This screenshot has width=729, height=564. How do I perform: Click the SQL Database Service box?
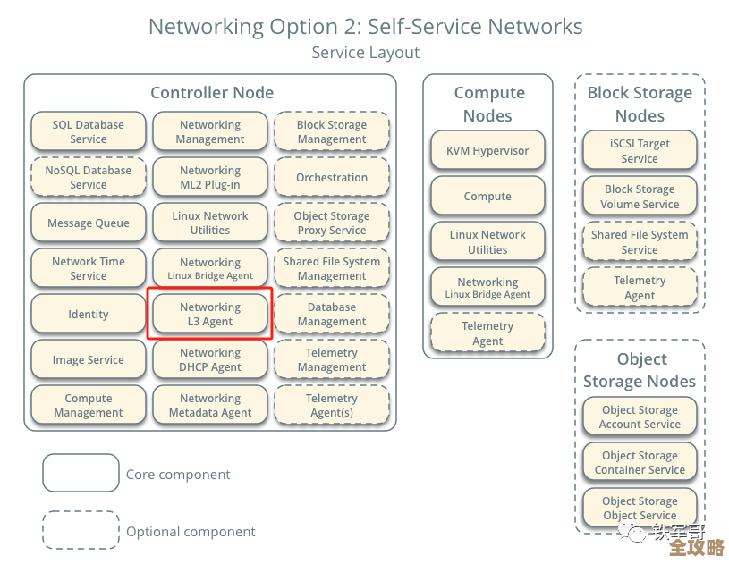88,132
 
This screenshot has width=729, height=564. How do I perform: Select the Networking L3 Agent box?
210,314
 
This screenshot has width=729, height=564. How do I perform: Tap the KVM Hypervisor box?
487,151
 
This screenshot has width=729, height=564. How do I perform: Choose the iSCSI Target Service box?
640,151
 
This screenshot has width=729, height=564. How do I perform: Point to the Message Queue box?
88,223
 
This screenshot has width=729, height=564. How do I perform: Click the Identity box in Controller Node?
88,315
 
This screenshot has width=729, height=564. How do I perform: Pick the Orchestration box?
332,178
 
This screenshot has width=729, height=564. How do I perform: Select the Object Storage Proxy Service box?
332,223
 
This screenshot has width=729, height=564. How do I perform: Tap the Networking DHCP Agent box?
210,359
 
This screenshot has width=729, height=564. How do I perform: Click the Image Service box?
88,360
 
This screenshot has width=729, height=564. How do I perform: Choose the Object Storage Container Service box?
640,463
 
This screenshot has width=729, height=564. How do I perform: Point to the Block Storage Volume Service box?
640,197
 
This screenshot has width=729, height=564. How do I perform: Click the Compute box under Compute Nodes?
487,197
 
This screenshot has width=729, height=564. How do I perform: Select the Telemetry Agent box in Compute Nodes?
487,333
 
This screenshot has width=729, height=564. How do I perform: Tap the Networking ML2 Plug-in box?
210,178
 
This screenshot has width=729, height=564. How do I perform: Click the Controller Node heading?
212,93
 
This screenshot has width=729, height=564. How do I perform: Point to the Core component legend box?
81,474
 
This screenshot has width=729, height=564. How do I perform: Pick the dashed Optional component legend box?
81,531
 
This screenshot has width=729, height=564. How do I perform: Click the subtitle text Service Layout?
365,53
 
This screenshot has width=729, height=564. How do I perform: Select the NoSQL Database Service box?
88,178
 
